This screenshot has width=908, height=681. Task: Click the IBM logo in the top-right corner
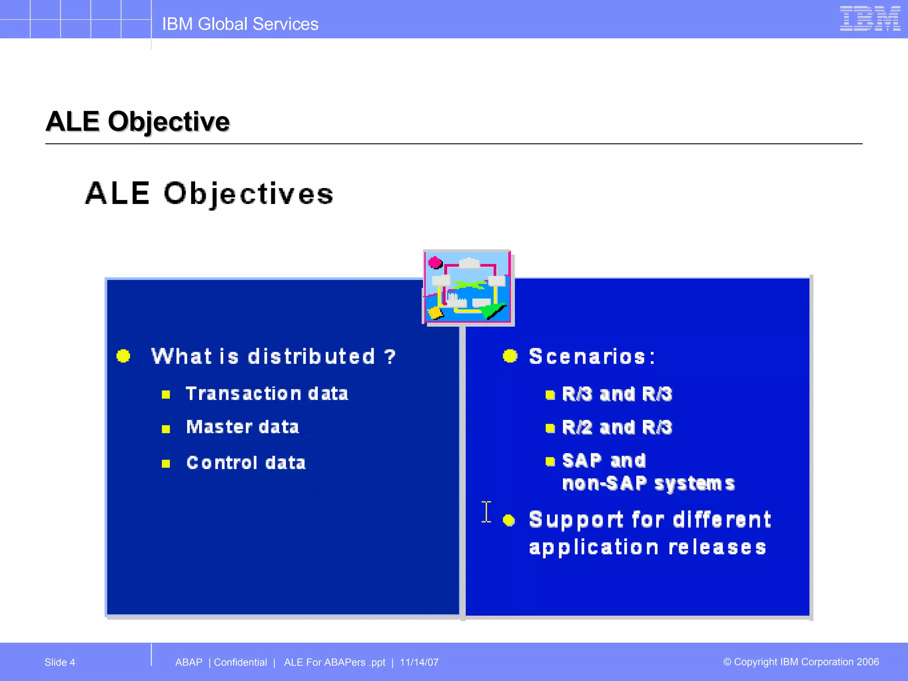pos(869,19)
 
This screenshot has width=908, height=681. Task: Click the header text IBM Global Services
pos(240,24)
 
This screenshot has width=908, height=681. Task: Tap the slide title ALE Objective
pos(137,121)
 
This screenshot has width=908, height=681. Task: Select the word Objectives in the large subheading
pos(248,194)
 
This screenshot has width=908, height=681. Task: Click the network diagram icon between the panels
pos(467,287)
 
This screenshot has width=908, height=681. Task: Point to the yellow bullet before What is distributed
pos(123,356)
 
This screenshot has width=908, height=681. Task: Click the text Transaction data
pos(267,394)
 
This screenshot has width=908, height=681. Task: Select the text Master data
pos(243,427)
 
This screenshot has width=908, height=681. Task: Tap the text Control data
pos(246,463)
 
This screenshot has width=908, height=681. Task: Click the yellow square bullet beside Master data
pos(166,429)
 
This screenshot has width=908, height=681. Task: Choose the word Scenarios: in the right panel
pos(592,356)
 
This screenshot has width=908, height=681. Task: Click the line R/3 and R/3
pos(617,394)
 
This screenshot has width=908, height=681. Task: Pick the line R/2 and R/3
pos(617,427)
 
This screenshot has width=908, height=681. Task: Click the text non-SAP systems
pos(648,483)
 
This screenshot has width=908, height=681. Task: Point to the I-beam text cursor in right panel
pos(486,512)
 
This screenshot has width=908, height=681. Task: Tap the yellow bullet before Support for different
pos(509,520)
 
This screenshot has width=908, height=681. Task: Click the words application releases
pos(647,548)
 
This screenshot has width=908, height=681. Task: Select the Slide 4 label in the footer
pos(60,662)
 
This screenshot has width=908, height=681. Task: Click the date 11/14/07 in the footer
pos(419,662)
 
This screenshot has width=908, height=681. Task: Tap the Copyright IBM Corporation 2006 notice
pos(801,662)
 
